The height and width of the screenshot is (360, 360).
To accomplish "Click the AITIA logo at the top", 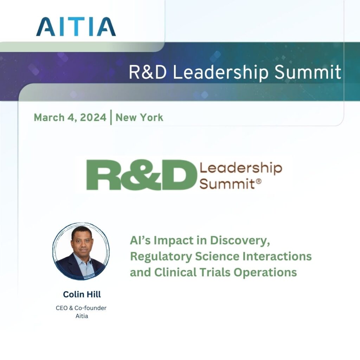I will click(76, 26).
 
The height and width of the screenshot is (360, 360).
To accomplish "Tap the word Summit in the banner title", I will click(308, 72).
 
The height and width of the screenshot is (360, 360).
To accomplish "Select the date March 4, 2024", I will click(70, 117).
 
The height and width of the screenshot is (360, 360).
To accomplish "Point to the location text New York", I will click(140, 117).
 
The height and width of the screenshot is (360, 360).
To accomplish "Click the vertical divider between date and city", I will click(111, 117).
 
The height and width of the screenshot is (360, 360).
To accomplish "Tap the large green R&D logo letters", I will click(141, 175).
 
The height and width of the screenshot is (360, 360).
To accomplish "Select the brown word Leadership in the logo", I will click(241, 168).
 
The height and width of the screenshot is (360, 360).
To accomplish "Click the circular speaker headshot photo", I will click(81, 251).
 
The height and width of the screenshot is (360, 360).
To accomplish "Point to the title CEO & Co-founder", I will click(81, 308).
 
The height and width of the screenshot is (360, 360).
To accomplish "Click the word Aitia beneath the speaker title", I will click(82, 316).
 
